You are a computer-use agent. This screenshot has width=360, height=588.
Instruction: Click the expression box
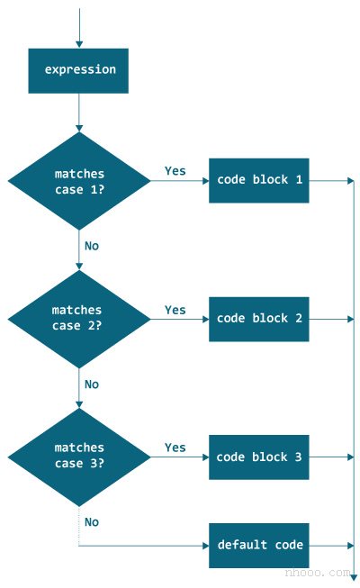(x=78, y=70)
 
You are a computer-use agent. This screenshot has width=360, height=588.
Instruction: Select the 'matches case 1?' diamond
(x=79, y=180)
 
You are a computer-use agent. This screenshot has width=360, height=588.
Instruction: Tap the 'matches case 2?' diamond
(x=79, y=318)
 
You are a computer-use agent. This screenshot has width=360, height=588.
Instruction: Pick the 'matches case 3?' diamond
(x=79, y=456)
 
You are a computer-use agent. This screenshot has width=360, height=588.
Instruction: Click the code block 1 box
(x=258, y=180)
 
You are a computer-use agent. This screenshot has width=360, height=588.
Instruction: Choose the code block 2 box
(x=258, y=319)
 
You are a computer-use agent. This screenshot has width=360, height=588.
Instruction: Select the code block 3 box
(x=258, y=457)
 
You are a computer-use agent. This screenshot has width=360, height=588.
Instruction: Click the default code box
(x=258, y=545)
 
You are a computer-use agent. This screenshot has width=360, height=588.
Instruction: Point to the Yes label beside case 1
(x=175, y=170)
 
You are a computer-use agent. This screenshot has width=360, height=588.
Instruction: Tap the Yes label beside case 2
(x=175, y=310)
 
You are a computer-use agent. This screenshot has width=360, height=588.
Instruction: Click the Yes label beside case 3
(x=175, y=448)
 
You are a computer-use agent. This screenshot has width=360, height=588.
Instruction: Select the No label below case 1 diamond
(x=92, y=246)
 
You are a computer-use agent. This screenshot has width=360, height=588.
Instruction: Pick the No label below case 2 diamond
(x=92, y=384)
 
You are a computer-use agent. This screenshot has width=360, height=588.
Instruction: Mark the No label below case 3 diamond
(x=92, y=521)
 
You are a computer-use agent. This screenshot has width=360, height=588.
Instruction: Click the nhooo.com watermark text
(x=316, y=573)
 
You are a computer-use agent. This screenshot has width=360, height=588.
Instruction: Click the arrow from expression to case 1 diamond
(x=79, y=113)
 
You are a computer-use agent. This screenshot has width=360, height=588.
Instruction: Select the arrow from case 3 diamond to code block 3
(x=180, y=457)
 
